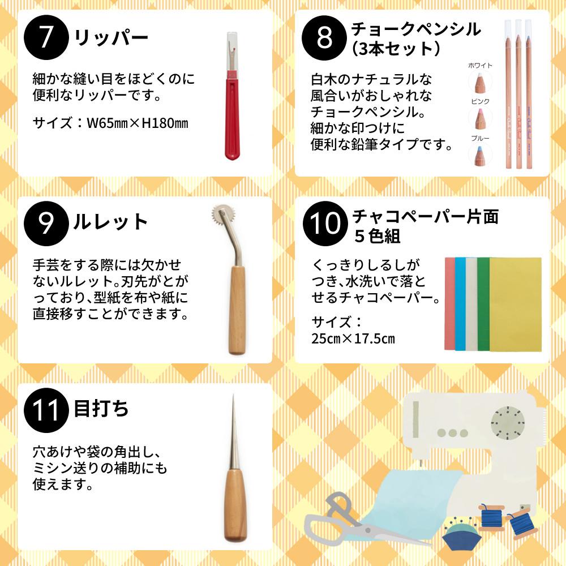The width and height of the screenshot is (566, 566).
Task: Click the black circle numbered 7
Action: coord(46,37)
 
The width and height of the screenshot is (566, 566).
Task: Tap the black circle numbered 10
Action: coord(325,224)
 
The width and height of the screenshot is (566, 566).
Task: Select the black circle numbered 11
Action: coord(46,410)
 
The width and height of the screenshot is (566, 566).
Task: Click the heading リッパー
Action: coord(111,37)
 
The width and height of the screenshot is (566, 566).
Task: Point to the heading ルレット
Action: coord(110,222)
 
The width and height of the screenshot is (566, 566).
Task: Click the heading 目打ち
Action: coord(101,409)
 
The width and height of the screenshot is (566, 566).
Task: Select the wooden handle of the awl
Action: coord(235,505)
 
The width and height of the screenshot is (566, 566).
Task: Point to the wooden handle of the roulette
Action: coord(237,310)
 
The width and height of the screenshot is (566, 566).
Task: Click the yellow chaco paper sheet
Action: coord(516,304)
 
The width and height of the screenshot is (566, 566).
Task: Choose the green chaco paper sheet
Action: coord(483,304)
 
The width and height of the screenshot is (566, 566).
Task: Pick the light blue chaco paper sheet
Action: coord(460,304)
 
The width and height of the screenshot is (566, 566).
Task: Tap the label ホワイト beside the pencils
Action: coord(480,65)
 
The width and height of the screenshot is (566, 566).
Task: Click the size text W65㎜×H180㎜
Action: coord(138,123)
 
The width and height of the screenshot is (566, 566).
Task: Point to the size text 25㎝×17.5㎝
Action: coord(353,338)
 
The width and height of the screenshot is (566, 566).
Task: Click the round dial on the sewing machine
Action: coord(508,423)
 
